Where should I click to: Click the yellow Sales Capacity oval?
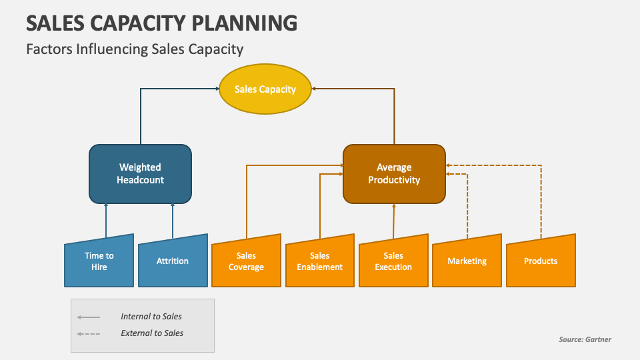[265, 89]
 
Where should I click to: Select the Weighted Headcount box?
[140, 174]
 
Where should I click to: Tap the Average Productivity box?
[394, 174]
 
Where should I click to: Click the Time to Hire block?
[99, 262]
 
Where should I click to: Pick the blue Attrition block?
[173, 262]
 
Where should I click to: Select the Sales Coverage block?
[246, 262]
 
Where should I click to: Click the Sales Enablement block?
[320, 262]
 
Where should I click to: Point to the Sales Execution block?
[393, 262]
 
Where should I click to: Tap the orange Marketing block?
[467, 262]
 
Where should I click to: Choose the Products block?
[541, 262]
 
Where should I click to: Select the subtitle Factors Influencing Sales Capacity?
[135, 49]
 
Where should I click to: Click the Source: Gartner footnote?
[585, 339]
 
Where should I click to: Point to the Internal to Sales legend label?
[151, 317]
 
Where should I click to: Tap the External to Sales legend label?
[152, 333]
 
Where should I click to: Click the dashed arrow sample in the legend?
[89, 333]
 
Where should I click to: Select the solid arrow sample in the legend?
[89, 317]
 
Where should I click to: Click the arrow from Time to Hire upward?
[105, 220]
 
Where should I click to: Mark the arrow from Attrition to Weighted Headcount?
[173, 220]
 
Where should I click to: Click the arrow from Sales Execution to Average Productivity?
[393, 220]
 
